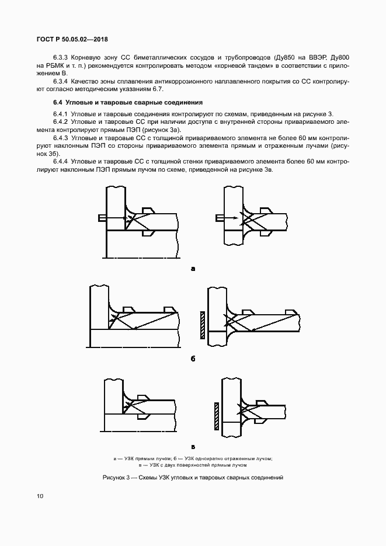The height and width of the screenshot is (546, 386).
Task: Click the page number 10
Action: tap(39, 496)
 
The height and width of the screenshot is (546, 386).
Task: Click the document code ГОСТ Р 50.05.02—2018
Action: tap(70, 40)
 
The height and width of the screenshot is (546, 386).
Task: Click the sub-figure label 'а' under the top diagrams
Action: tap(192, 269)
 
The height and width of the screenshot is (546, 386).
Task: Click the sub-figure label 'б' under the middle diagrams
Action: tap(192, 358)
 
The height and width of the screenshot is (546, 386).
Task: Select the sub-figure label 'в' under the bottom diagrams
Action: tap(192, 447)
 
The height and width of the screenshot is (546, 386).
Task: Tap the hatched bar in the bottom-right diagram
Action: tap(216, 416)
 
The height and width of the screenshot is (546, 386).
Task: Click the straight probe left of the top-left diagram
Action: tap(102, 218)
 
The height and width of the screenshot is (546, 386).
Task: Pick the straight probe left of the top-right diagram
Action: tap(220, 218)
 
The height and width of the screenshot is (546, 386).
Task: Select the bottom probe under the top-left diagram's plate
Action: tap(148, 234)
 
